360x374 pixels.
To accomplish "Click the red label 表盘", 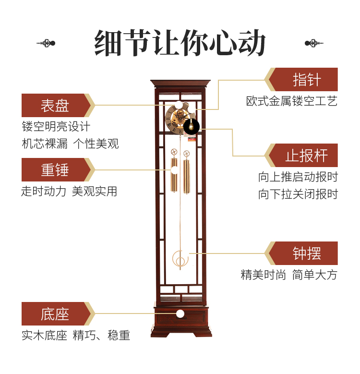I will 55,105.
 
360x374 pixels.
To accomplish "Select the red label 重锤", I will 55,170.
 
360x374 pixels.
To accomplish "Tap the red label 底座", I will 55,314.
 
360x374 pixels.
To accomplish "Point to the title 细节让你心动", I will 180,44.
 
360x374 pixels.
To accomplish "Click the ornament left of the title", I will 46,43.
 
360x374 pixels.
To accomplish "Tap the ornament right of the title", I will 314,43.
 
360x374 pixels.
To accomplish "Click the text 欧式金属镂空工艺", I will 292,101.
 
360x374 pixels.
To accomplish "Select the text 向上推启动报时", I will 298,177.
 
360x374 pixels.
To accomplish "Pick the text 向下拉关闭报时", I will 298,194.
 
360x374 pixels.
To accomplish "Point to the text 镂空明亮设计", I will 56,127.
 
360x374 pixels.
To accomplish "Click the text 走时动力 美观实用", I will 69,191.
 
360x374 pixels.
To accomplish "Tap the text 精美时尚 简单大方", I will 289,275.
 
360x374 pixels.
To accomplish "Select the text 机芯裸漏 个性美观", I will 70,144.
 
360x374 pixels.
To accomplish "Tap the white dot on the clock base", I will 180,314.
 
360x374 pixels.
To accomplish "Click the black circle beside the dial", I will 192,127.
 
